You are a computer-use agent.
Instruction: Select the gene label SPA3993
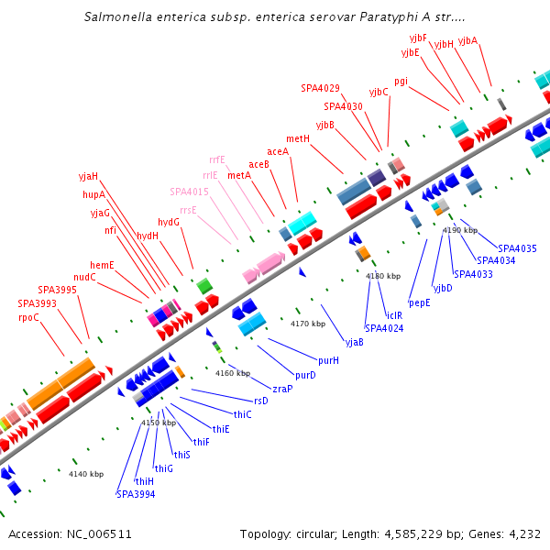point(37,303)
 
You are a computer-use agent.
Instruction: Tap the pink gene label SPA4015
point(189,192)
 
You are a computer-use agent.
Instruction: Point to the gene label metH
point(298,138)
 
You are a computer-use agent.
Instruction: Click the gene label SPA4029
point(320,89)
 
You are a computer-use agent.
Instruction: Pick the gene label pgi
point(401,81)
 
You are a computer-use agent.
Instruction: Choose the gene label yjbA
point(467,40)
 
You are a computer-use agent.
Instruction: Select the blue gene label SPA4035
point(517,248)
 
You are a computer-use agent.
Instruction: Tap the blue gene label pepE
point(419,302)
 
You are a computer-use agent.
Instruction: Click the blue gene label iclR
point(394,315)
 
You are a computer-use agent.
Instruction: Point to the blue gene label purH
point(328,360)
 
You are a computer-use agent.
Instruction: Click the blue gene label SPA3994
point(136,494)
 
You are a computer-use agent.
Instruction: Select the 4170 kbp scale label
point(308,324)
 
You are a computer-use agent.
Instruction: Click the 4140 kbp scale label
point(86,474)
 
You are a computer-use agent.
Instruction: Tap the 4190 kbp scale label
point(459,230)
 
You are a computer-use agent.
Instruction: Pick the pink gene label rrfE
point(216,159)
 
